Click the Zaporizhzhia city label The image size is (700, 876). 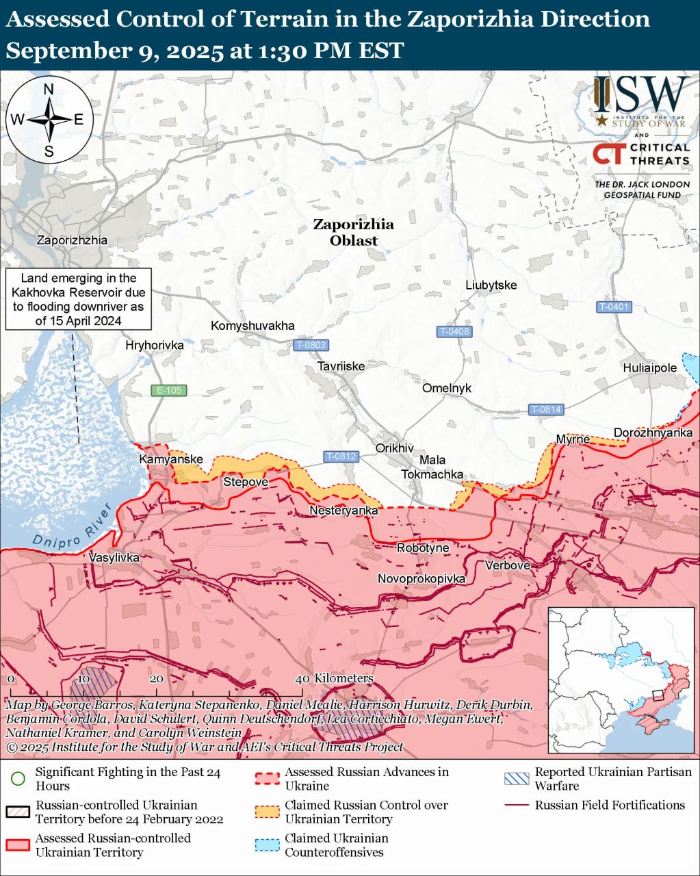72,240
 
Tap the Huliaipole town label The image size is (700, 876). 649,368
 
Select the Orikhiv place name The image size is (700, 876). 394,448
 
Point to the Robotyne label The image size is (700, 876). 423,547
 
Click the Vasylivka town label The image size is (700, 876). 114,558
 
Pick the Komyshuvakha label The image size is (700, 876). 252,325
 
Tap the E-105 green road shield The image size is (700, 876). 168,391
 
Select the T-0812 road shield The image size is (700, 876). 341,456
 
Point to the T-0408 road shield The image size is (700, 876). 454,331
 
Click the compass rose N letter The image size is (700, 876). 49,89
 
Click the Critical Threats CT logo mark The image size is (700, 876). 608,154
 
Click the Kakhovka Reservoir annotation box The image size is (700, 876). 79,299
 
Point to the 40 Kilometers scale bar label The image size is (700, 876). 337,678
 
